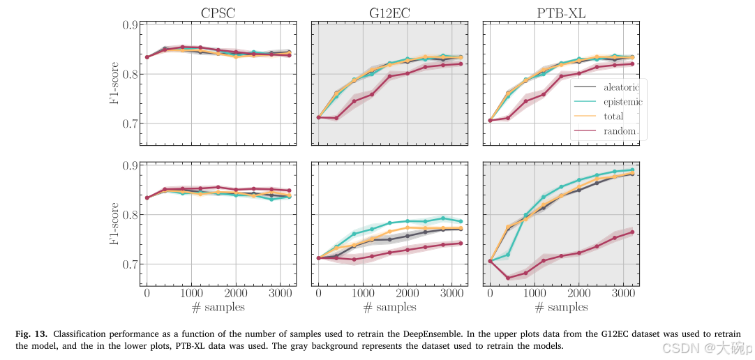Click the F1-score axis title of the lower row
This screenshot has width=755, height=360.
point(113,215)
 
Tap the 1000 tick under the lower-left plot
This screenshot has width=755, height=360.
point(190,294)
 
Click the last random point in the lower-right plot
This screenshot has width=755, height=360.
point(632,232)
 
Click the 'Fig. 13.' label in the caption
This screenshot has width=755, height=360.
point(30,333)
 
